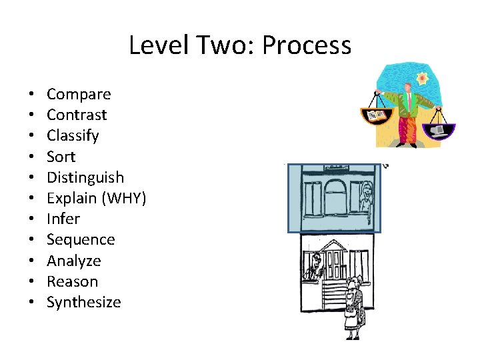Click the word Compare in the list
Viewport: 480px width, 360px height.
[79, 95]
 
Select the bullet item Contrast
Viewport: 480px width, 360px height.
[77, 115]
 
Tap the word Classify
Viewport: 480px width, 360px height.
[73, 136]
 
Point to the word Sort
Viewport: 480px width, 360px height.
[61, 157]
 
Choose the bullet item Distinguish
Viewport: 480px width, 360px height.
[85, 177]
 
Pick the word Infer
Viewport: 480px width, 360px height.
[63, 219]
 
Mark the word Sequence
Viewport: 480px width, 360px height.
[81, 239]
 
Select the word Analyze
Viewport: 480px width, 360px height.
[74, 261]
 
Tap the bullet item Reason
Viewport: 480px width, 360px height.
[72, 281]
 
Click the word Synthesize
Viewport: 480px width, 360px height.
[84, 302]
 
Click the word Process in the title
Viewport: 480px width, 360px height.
[307, 45]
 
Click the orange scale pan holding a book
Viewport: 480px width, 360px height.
[377, 116]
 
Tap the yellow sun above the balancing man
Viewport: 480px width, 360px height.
[422, 78]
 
